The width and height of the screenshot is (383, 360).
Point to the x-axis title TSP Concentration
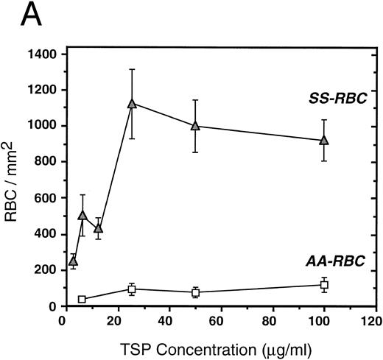coord(219,346)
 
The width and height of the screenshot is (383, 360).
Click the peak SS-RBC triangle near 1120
coord(132,104)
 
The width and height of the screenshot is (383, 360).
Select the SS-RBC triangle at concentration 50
coord(195,126)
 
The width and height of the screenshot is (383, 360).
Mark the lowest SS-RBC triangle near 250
coord(73,261)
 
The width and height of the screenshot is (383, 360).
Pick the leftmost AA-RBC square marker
coord(82,299)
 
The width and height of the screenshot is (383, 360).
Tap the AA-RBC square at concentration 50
coord(196,292)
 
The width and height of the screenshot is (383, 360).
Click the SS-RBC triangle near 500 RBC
coord(82,215)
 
